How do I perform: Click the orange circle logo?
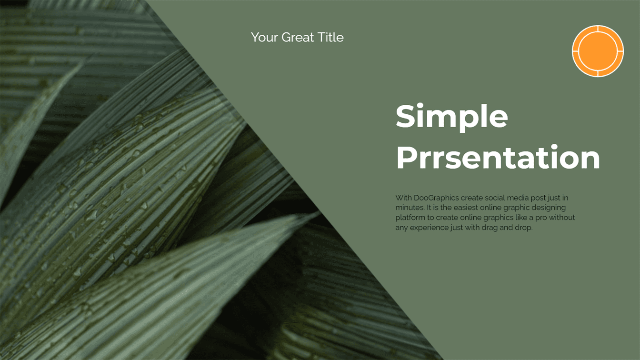coord(598,51)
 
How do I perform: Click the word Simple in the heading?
coord(452,118)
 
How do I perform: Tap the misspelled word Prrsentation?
coord(498,157)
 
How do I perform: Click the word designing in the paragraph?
coord(548,208)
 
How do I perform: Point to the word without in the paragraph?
coord(562,218)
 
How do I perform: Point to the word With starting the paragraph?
coord(403,198)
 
